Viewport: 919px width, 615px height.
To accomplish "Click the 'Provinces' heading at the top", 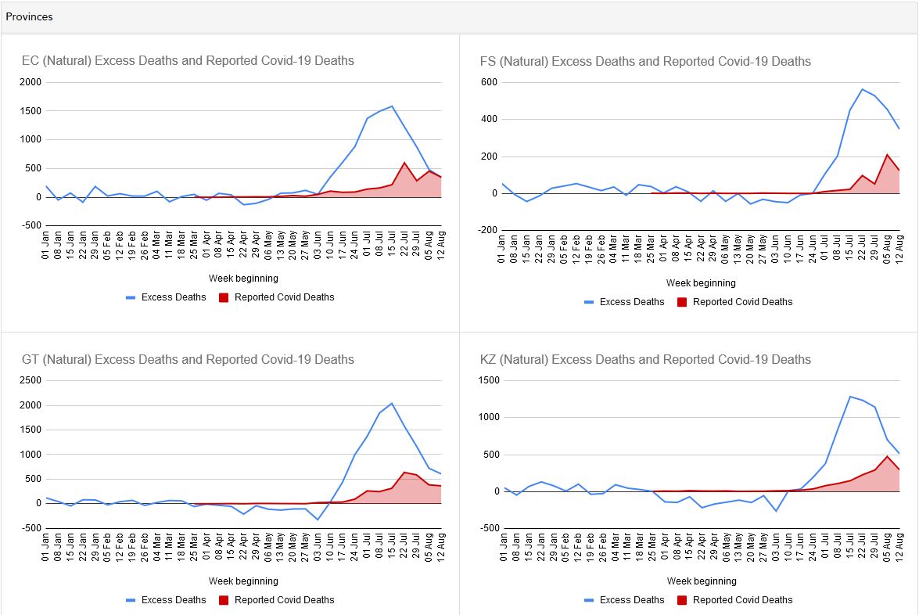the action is pyautogui.click(x=29, y=16).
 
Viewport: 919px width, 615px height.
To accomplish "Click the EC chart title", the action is pyautogui.click(x=188, y=60).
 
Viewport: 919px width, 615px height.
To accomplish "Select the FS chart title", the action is pyautogui.click(x=645, y=61).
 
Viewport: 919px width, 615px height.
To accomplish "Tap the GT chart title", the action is pyautogui.click(x=188, y=359).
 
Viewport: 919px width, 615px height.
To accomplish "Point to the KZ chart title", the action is pyautogui.click(x=645, y=359).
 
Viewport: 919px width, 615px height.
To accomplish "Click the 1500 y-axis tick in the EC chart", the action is pyautogui.click(x=31, y=111).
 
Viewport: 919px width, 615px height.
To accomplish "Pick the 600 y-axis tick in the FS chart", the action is pyautogui.click(x=489, y=82).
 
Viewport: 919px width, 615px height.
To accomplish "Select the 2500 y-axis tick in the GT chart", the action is pyautogui.click(x=31, y=380).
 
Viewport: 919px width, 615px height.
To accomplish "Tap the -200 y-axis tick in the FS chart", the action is pyautogui.click(x=487, y=230).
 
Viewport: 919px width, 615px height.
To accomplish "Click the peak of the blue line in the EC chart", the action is pyautogui.click(x=392, y=106).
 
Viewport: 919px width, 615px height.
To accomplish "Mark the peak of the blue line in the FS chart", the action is pyautogui.click(x=862, y=89).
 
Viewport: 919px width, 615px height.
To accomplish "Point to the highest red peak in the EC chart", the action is pyautogui.click(x=404, y=163).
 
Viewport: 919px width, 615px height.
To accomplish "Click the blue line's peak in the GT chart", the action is pyautogui.click(x=392, y=403).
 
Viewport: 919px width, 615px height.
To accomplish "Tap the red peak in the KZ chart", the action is pyautogui.click(x=887, y=456).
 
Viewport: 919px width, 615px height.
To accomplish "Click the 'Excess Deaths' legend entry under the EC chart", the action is pyautogui.click(x=166, y=297).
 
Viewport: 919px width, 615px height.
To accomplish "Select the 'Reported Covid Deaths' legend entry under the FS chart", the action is pyautogui.click(x=735, y=302).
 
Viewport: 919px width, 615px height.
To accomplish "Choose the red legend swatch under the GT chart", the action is pyautogui.click(x=224, y=600).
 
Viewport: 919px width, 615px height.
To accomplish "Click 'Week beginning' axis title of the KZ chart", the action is pyautogui.click(x=702, y=581).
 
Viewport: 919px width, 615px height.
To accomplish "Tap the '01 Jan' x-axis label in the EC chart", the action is pyautogui.click(x=45, y=246).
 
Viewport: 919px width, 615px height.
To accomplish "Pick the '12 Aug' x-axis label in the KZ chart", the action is pyautogui.click(x=899, y=547).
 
